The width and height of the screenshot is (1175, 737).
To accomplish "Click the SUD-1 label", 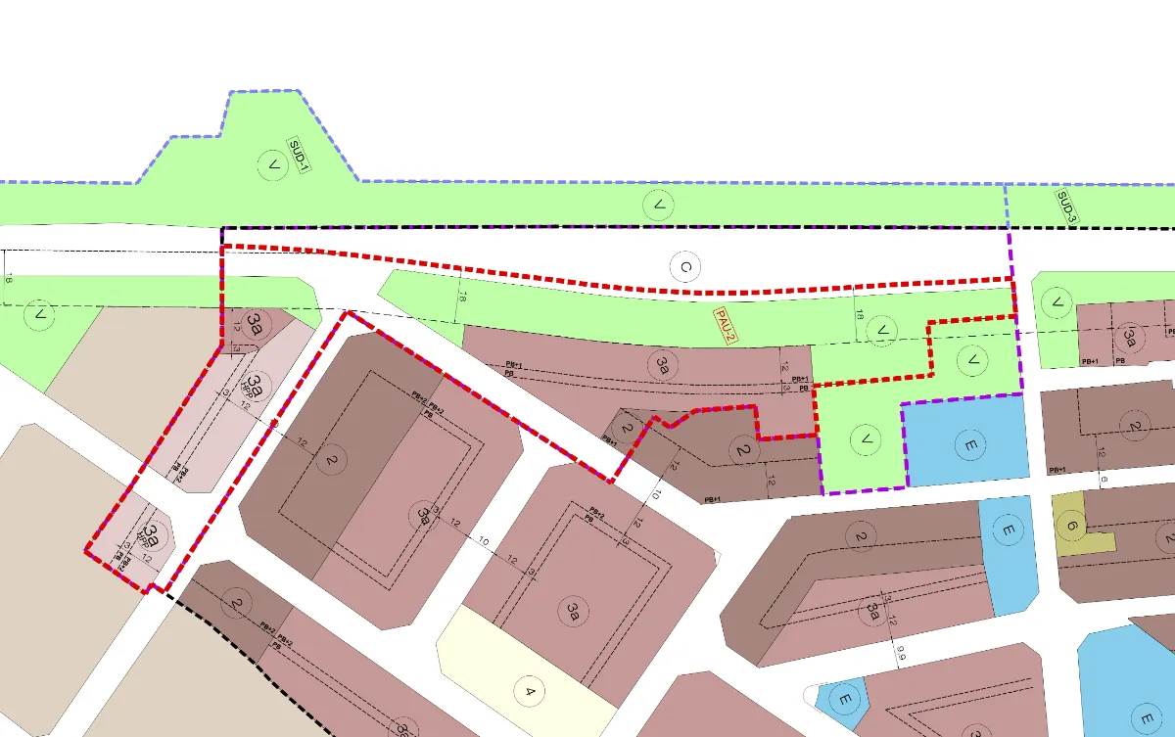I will coord(298,156).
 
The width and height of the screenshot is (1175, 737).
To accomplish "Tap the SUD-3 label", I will coord(1066,206).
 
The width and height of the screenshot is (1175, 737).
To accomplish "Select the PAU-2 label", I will coord(726,325).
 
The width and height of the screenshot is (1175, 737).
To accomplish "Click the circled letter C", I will coord(686,266).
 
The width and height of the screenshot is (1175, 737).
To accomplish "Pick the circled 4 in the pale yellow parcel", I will coord(530,693).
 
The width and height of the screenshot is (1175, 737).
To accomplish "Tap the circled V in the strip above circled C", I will coord(659,206).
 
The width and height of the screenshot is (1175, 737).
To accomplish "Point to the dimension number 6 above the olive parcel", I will coord(1102,479).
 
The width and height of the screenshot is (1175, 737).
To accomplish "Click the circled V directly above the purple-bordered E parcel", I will coord(972,361).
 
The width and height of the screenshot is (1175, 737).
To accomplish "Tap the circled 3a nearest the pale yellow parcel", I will coord(574,614).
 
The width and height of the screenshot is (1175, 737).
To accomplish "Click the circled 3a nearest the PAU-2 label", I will coord(664,366).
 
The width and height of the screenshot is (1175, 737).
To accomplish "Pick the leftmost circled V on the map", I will coord(40,315).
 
